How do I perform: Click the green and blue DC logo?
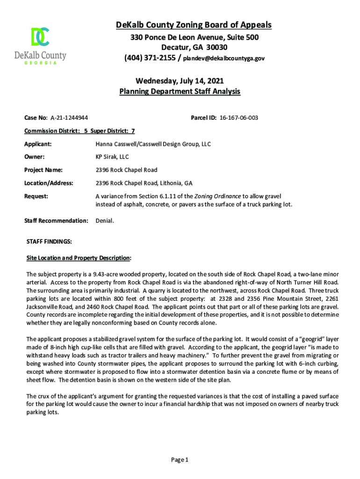click(40, 37)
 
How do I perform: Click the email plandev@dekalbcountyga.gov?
click(223, 58)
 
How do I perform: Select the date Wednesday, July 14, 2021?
click(180, 81)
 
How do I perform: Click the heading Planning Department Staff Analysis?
click(180, 92)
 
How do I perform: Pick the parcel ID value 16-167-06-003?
click(238, 118)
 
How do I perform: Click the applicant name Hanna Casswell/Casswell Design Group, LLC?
click(153, 144)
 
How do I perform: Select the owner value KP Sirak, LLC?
click(112, 157)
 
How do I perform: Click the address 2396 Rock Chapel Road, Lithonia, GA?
click(144, 183)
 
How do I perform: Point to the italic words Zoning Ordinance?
click(221, 196)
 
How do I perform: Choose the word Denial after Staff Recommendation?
click(104, 220)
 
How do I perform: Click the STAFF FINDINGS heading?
click(49, 241)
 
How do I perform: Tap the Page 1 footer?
click(180, 460)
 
